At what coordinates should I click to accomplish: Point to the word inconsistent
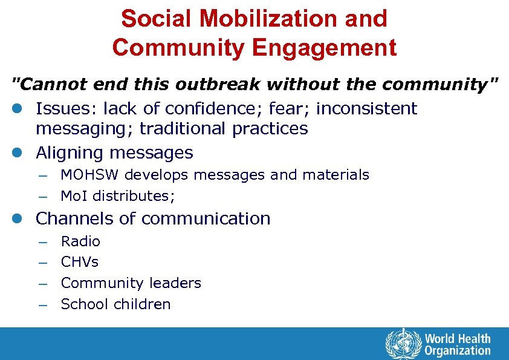pyautogui.click(x=367, y=109)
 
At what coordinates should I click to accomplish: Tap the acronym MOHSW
pyautogui.click(x=91, y=175)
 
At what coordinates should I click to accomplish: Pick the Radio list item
pyautogui.click(x=80, y=241)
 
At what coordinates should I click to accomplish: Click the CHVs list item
pyautogui.click(x=79, y=262)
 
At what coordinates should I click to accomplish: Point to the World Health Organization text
pyautogui.click(x=458, y=344)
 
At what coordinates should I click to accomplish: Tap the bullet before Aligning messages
pyautogui.click(x=17, y=153)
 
